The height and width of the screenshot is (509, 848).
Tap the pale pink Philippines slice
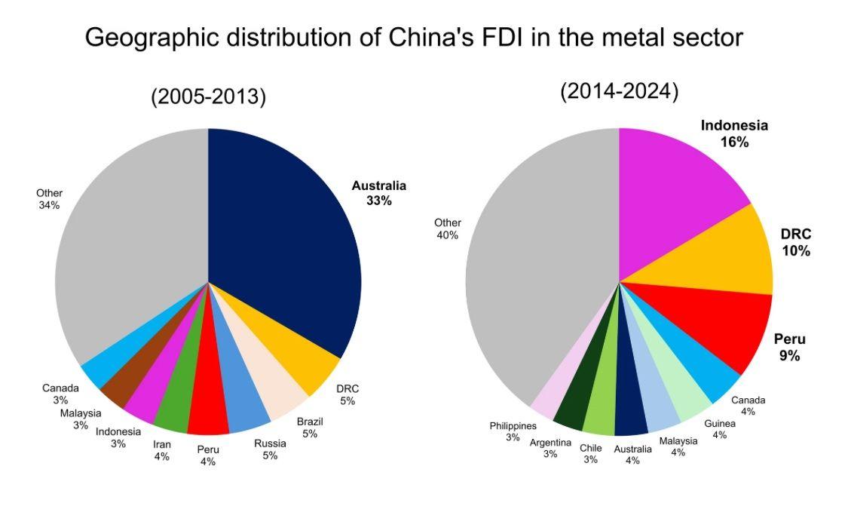(547, 400)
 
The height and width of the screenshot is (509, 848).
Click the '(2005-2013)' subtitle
(209, 97)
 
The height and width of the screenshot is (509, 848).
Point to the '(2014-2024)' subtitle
(619, 92)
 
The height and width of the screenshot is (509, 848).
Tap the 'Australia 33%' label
(378, 193)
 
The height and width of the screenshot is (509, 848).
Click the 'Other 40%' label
(448, 228)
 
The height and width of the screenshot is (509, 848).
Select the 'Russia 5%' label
(270, 449)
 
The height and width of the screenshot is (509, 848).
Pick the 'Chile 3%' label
(591, 453)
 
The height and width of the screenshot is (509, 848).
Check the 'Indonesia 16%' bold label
(733, 133)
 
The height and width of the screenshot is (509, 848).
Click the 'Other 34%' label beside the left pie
(50, 199)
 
